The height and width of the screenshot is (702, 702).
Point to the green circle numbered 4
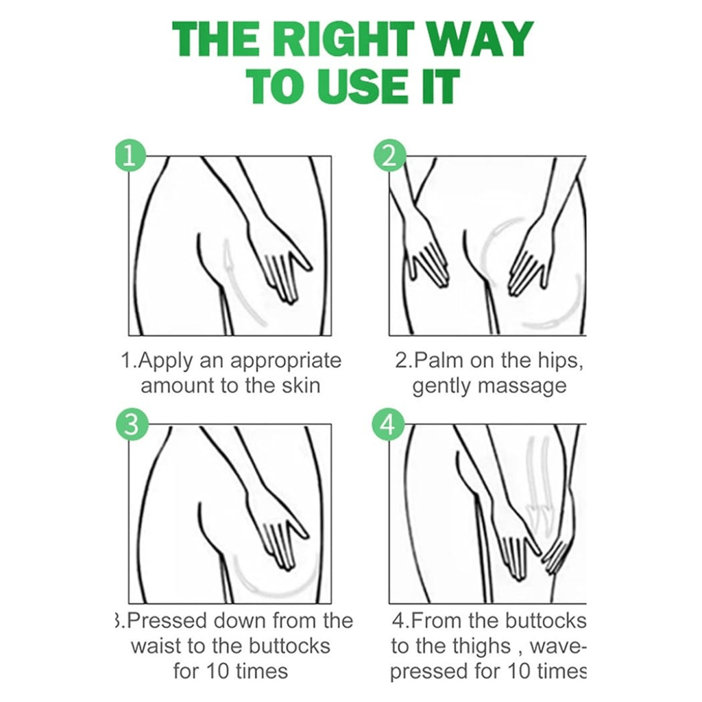click(x=389, y=424)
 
